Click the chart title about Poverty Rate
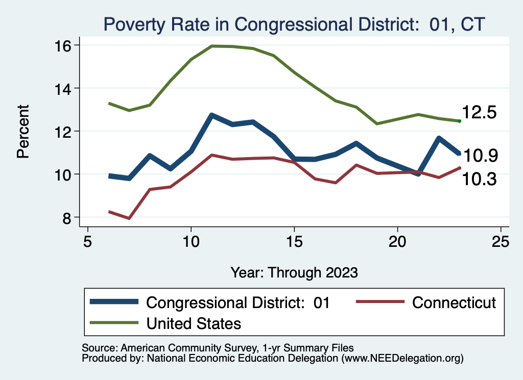294,24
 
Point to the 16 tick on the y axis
59,45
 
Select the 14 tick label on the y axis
59,88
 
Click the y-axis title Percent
23,131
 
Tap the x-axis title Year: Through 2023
294,272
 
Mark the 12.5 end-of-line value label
479,113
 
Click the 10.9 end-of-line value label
479,156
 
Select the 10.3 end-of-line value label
479,179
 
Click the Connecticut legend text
454,302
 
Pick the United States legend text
194,323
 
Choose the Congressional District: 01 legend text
238,302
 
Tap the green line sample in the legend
114,323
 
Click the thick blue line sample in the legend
114,302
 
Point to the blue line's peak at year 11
211,115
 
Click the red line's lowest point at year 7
129,218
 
